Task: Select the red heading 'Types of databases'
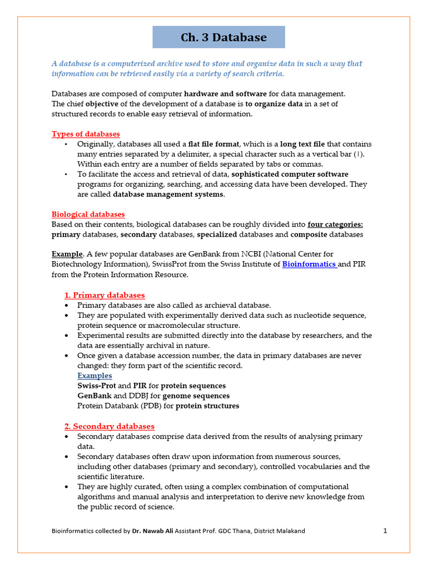pyautogui.click(x=86, y=134)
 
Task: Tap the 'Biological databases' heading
pyautogui.click(x=88, y=214)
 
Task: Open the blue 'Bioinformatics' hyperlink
pyautogui.click(x=309, y=264)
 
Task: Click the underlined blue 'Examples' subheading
pyautogui.click(x=95, y=376)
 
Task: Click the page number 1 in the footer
pyautogui.click(x=385, y=531)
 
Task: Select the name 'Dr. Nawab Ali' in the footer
pyautogui.click(x=151, y=531)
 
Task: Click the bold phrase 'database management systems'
pyautogui.click(x=168, y=194)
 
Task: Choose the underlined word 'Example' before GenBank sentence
pyautogui.click(x=66, y=254)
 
